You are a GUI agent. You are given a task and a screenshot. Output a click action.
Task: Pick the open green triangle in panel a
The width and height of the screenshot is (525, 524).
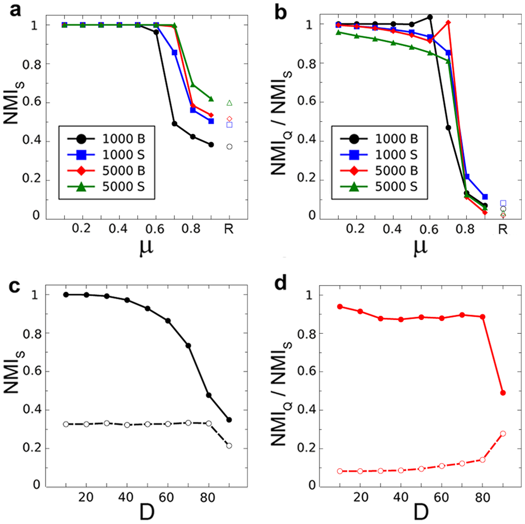[229, 103]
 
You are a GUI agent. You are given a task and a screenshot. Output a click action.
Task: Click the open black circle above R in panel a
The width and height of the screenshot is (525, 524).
[229, 147]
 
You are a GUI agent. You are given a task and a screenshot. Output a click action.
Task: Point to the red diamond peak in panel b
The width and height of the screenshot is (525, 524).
[448, 22]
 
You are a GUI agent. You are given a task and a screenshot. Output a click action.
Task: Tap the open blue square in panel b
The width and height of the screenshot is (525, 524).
[503, 203]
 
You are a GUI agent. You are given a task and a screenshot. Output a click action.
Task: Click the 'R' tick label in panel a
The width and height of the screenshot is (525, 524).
[229, 229]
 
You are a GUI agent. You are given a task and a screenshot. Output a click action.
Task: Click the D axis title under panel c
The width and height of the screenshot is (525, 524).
[147, 512]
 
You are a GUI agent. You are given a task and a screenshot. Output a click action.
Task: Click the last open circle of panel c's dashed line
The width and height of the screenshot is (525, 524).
[229, 446]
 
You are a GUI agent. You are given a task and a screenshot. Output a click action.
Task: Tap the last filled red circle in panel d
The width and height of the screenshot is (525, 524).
[503, 393]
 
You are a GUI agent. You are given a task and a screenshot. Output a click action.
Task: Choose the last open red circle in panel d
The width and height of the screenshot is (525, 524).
[503, 434]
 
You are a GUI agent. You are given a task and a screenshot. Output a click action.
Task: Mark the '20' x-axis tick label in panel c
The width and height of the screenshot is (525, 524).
[86, 497]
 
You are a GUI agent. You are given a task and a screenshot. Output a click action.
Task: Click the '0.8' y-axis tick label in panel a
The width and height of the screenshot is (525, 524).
[32, 65]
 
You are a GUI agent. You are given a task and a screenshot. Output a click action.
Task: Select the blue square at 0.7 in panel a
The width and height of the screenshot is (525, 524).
[174, 52]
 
